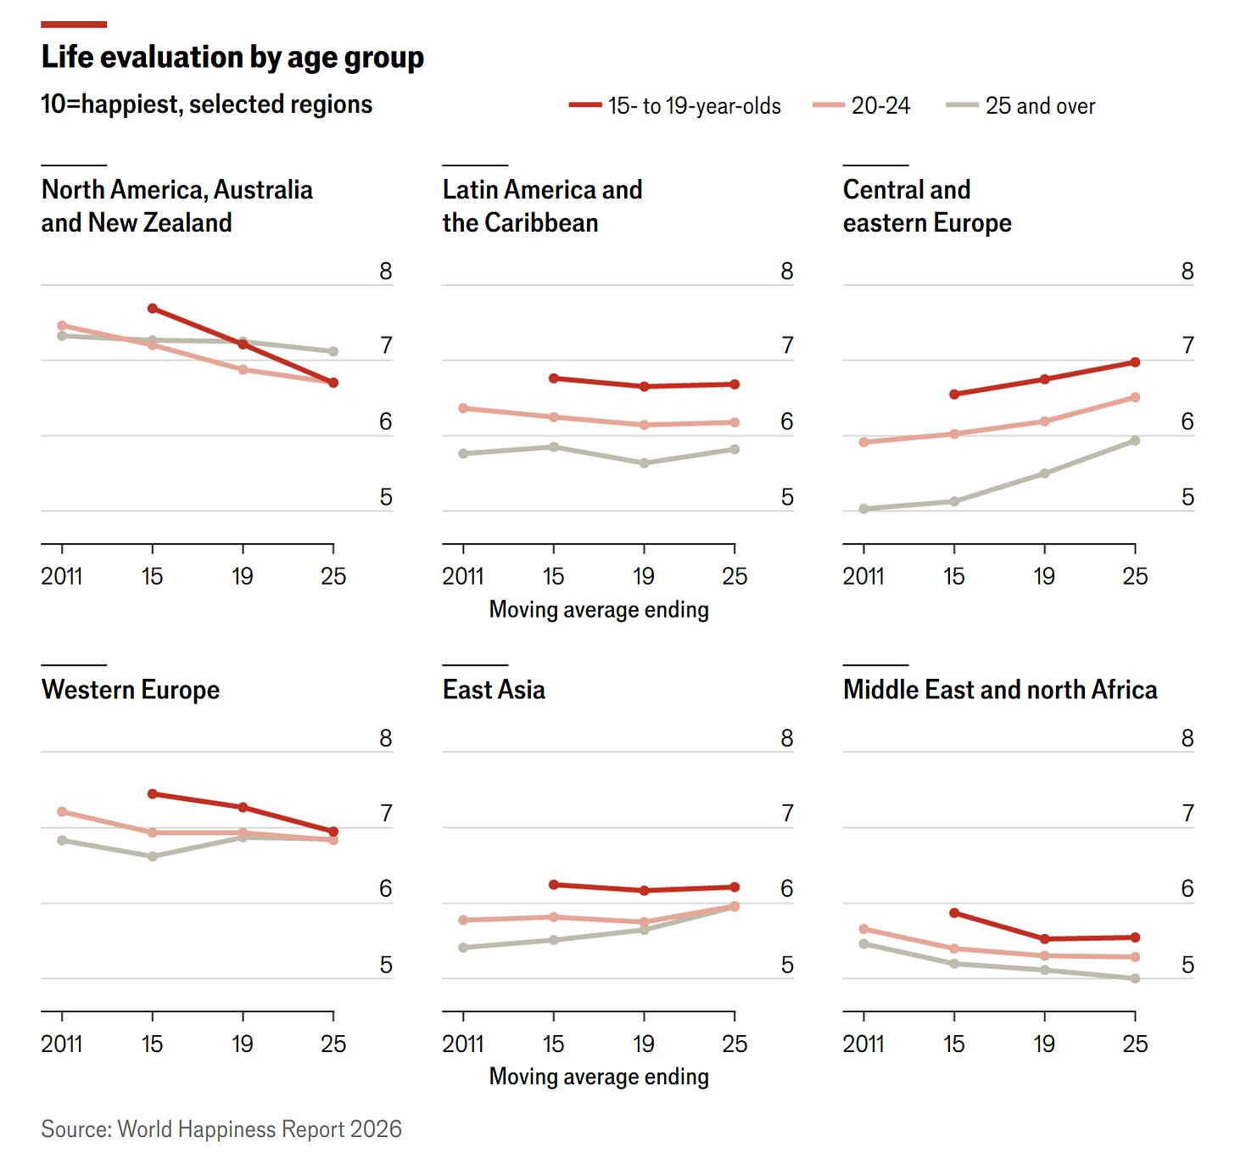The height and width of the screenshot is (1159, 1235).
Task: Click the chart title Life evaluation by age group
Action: pyautogui.click(x=232, y=58)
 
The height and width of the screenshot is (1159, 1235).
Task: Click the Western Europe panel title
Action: pyautogui.click(x=131, y=690)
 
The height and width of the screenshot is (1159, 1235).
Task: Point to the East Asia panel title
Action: pyautogui.click(x=494, y=690)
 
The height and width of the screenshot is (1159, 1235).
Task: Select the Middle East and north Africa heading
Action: pyautogui.click(x=1000, y=690)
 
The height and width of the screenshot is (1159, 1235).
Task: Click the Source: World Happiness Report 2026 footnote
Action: pyautogui.click(x=221, y=1129)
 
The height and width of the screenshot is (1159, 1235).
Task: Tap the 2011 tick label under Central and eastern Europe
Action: pyautogui.click(x=863, y=577)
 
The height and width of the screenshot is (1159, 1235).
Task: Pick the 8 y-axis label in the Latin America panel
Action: pyautogui.click(x=787, y=272)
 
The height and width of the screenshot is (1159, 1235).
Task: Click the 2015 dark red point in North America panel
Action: pyautogui.click(x=153, y=309)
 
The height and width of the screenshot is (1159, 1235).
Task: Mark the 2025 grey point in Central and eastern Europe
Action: pyautogui.click(x=1135, y=441)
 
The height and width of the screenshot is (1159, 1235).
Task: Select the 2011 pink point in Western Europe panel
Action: pyautogui.click(x=62, y=812)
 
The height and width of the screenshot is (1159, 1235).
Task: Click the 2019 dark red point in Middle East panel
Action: pyautogui.click(x=1044, y=939)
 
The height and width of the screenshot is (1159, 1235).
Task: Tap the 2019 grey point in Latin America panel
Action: pyautogui.click(x=644, y=463)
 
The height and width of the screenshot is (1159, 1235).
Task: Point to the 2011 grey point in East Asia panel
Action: pyautogui.click(x=463, y=948)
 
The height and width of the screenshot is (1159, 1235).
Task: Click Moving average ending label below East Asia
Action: pyautogui.click(x=599, y=1077)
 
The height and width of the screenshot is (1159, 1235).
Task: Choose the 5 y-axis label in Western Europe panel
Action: pyautogui.click(x=386, y=966)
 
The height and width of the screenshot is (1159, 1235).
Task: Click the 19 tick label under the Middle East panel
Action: pyautogui.click(x=1044, y=1044)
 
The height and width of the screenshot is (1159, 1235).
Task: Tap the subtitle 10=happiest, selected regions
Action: pyautogui.click(x=207, y=104)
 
